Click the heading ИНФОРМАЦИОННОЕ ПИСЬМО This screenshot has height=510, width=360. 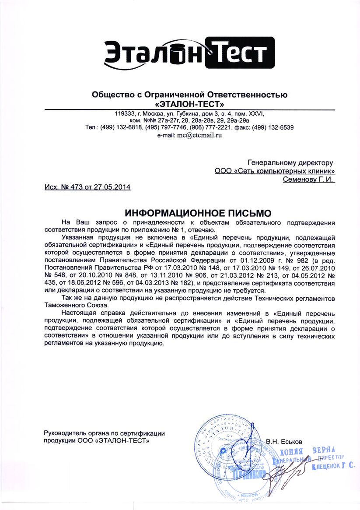[198, 213]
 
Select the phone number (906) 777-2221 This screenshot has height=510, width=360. [209, 127]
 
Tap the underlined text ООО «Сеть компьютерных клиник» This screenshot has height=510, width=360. [275, 170]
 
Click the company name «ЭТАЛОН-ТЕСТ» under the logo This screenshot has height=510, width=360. [189, 104]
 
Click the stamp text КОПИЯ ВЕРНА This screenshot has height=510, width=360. [307, 451]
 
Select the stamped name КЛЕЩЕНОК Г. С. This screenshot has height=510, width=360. [333, 467]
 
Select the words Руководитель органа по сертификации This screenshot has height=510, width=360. [104, 433]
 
